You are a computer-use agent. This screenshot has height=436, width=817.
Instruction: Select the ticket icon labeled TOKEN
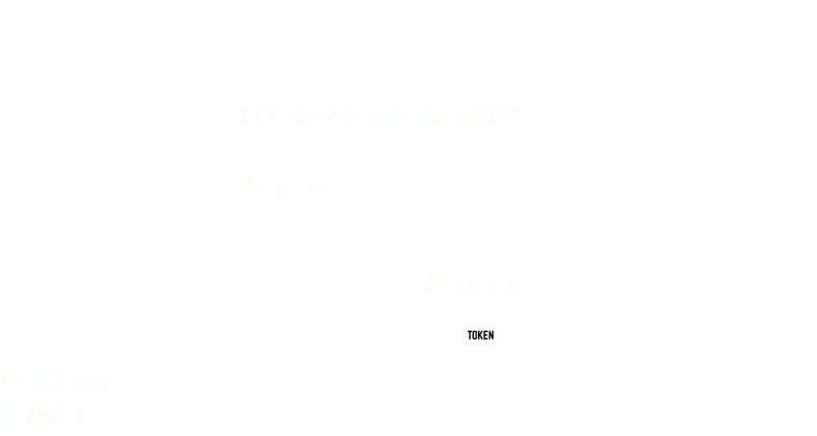coord(481,335)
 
